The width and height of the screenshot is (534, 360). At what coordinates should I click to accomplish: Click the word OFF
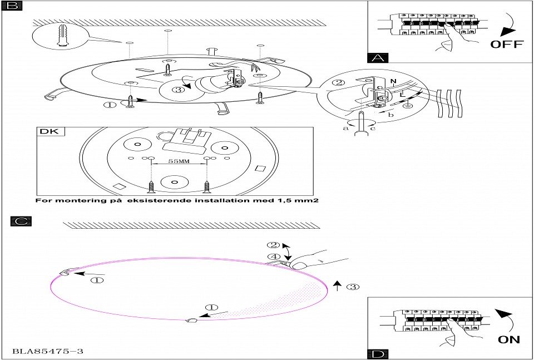507,44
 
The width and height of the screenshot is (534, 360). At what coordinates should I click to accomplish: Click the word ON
509,339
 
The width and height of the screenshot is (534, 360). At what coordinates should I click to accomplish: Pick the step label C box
21,221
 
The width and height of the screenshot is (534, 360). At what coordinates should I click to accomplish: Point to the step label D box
378,354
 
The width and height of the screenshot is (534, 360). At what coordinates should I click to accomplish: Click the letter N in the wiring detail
393,82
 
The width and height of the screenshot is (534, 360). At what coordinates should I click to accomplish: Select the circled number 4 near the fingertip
272,257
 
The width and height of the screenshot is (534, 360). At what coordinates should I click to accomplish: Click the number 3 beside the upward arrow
352,287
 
